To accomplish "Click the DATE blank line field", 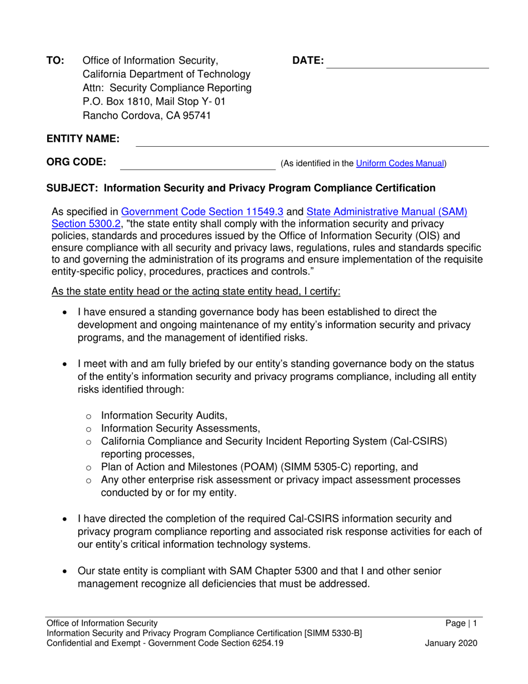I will (407, 62).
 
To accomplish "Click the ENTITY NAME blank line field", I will (312, 140).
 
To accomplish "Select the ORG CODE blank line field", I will (198, 163).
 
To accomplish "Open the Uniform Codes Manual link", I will (400, 163).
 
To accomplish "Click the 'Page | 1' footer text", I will (461, 624).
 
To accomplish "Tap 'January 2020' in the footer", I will (451, 643).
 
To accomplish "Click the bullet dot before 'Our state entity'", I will (67, 572).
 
